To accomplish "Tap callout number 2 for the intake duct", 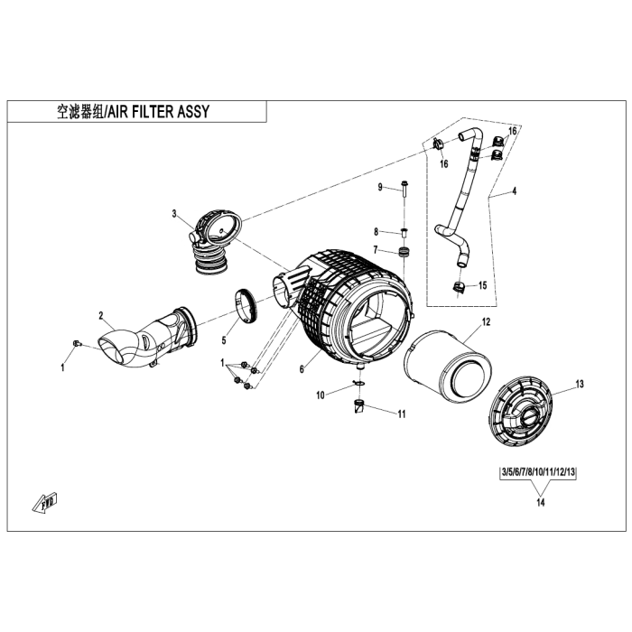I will click(102, 315).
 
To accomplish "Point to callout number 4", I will click(514, 191).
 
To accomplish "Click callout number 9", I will click(381, 187).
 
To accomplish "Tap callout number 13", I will click(580, 384).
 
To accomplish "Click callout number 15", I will click(483, 285).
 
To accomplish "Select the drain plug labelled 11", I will click(359, 408).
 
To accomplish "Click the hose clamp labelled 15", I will click(460, 288).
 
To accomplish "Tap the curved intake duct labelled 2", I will click(144, 339).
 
